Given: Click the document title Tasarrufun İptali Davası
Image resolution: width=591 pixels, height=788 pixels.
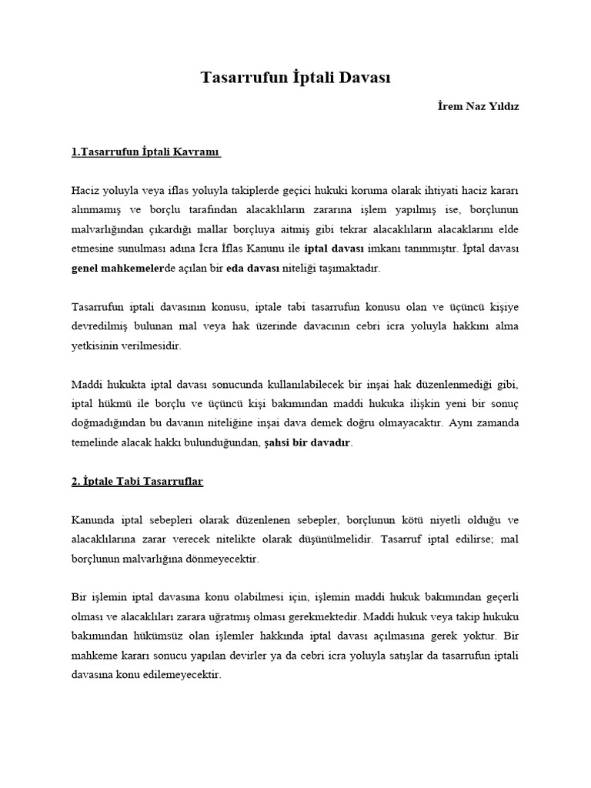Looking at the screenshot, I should tap(296, 77).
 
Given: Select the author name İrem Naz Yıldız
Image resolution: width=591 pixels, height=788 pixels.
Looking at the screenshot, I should tap(478, 106).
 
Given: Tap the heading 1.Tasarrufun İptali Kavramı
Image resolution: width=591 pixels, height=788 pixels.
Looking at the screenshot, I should tap(146, 152).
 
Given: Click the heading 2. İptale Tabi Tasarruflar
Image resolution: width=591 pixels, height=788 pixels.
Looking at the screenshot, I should tap(137, 481).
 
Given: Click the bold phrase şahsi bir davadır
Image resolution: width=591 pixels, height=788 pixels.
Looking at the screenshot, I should tap(308, 442).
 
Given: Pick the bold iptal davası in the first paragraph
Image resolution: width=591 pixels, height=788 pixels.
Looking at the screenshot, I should tap(335, 249).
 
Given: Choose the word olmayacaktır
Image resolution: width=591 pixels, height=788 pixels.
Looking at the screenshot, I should tap(410, 422).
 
